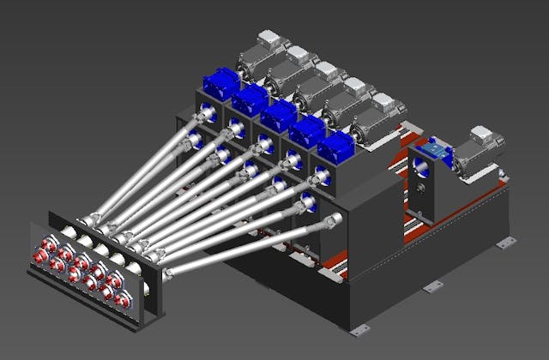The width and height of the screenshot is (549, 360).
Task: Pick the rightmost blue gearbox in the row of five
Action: (334, 147)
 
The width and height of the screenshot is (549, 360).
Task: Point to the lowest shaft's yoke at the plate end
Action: (169, 272)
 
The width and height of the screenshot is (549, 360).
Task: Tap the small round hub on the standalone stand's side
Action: (423, 186)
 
